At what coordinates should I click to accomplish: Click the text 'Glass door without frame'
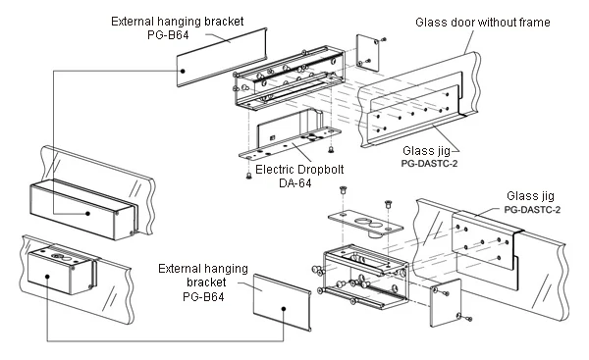[x=482, y=23]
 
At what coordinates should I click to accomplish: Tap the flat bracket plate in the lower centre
[x=281, y=306]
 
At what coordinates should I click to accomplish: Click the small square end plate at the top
[x=368, y=51]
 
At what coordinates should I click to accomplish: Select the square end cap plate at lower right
[x=446, y=300]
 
